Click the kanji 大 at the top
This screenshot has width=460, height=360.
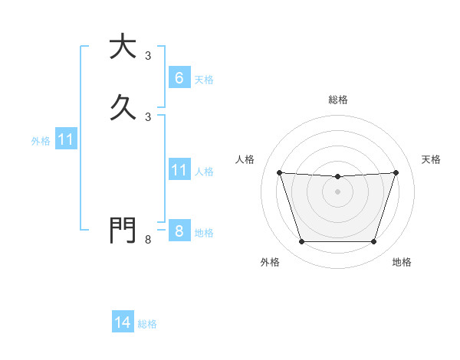point(123,47)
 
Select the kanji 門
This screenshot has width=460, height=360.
point(123,230)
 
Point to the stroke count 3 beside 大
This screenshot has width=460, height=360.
point(148,56)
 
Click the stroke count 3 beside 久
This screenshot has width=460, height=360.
point(148,116)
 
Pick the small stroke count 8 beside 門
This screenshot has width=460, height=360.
point(148,240)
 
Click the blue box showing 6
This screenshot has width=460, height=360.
point(179,78)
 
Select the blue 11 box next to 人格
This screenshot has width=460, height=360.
point(179,170)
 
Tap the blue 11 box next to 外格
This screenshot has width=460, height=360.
point(66,139)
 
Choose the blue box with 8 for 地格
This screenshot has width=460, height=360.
point(179,231)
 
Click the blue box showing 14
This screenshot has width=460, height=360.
point(123,322)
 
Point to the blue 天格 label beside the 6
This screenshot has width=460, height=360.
point(204,79)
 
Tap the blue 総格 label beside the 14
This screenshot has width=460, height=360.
point(147,324)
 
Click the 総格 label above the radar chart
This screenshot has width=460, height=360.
point(337,100)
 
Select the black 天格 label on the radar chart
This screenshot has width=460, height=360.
point(431,159)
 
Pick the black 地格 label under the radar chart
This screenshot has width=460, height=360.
point(402,263)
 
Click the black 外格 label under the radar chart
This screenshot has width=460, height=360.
point(270,263)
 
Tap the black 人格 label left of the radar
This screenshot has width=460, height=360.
point(245,159)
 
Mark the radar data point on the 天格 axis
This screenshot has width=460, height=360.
point(396,172)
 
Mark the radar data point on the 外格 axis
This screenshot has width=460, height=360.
point(301,242)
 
